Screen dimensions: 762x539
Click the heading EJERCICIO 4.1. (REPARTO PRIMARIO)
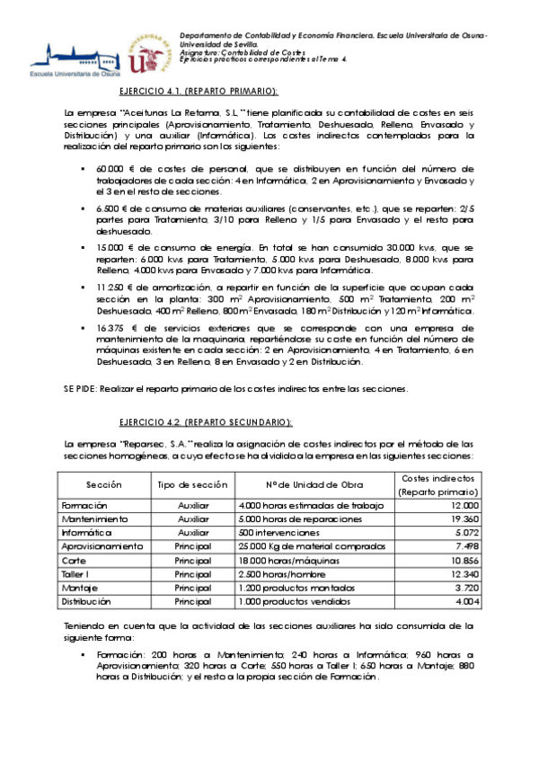pyautogui.click(x=199, y=92)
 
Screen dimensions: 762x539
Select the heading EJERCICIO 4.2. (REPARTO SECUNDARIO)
pyautogui.click(x=206, y=421)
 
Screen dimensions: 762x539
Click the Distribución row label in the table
pyautogui.click(x=86, y=600)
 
